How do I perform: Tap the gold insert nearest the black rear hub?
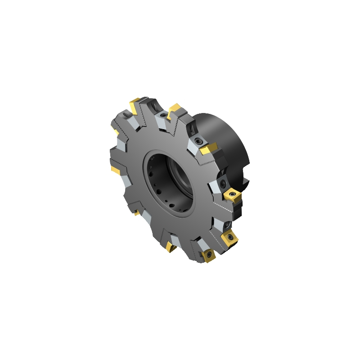[208, 148]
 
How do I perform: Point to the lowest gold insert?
[209, 256]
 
